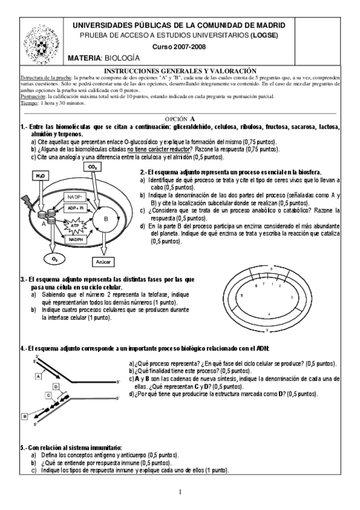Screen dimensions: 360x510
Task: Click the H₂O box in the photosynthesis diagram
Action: click(x=40, y=176)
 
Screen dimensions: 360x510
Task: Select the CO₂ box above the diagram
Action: click(x=93, y=167)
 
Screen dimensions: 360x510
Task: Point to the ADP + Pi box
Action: click(x=76, y=208)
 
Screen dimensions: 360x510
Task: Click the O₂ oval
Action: click(x=55, y=259)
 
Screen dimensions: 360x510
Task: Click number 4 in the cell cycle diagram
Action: click(x=269, y=315)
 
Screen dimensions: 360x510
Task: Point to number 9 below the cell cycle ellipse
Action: click(x=267, y=331)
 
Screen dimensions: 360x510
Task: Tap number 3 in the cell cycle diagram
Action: click(x=291, y=297)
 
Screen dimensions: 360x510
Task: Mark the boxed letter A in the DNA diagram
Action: click(x=37, y=375)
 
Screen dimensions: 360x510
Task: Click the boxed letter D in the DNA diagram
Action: click(x=55, y=386)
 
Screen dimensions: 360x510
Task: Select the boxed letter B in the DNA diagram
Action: click(x=25, y=416)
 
